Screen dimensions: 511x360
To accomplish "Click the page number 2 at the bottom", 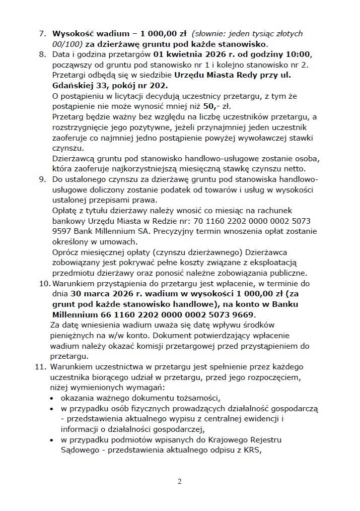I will click(x=180, y=481).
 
